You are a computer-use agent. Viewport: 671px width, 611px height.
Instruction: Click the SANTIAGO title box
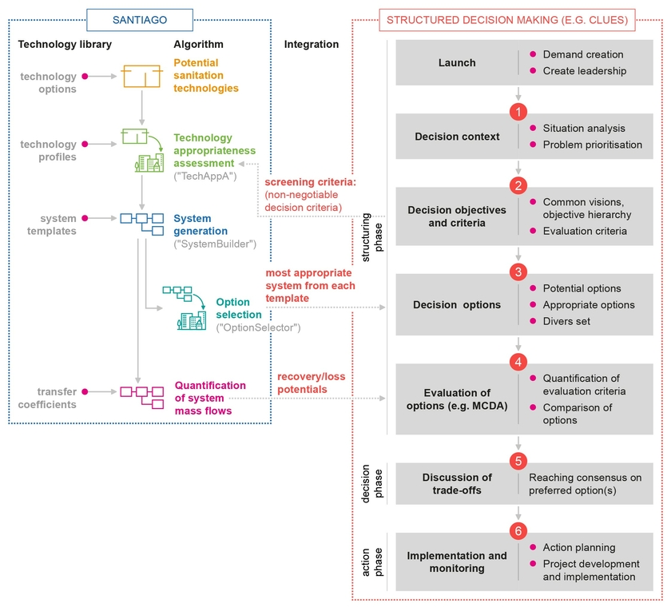140,20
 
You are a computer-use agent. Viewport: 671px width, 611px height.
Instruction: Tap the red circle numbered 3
518,272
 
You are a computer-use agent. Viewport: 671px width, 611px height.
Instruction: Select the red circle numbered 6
518,531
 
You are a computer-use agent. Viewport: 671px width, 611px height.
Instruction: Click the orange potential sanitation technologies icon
141,76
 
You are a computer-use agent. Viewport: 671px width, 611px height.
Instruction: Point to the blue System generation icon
141,224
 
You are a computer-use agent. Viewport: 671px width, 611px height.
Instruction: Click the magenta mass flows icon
141,398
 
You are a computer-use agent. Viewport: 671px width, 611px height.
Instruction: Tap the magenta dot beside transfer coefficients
85,391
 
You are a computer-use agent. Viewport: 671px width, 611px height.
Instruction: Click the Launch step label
457,63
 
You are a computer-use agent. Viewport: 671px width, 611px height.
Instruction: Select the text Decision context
457,137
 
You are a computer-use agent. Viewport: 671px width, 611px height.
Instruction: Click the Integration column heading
311,44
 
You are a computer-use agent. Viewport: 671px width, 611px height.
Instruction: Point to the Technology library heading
65,44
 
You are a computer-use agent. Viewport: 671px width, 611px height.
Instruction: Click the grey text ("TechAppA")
205,176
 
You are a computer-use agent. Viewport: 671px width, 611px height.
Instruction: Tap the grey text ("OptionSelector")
258,327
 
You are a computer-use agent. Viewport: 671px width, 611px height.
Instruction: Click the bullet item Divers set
566,321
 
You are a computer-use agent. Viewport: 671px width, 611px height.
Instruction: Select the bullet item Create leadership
584,71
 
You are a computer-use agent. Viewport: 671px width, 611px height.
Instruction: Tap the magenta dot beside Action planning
533,547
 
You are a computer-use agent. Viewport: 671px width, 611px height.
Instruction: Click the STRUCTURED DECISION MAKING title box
507,20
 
